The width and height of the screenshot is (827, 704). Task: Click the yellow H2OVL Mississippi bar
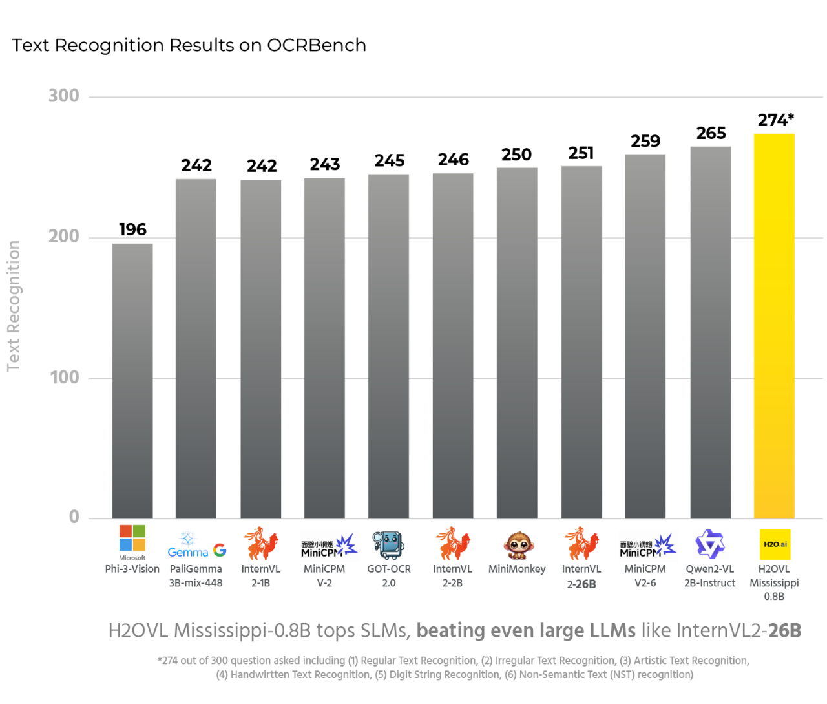[774, 326]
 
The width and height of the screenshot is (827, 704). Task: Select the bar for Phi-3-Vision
[132, 381]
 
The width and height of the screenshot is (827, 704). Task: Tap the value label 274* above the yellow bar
[775, 120]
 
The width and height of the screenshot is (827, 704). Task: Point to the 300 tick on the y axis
[64, 96]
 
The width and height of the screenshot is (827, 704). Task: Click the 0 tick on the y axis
[74, 517]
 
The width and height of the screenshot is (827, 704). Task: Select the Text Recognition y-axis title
[14, 306]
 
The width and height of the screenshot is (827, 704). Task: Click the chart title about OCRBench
[189, 45]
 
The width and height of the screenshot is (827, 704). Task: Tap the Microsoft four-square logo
[132, 538]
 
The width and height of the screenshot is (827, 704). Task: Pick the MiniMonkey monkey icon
[518, 545]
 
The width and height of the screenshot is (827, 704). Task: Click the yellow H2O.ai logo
[775, 544]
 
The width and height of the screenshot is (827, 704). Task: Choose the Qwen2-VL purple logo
[709, 544]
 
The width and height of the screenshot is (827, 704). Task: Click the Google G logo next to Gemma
[220, 551]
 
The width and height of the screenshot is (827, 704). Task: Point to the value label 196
[132, 229]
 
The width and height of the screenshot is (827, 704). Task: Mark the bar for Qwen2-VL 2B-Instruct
[710, 333]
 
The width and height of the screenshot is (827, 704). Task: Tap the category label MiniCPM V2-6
[645, 576]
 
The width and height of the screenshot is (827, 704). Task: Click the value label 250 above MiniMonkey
[516, 155]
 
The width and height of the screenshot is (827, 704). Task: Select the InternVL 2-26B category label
[581, 577]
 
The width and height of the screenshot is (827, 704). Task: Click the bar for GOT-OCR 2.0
[388, 347]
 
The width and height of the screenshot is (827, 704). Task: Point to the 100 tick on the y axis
[65, 378]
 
